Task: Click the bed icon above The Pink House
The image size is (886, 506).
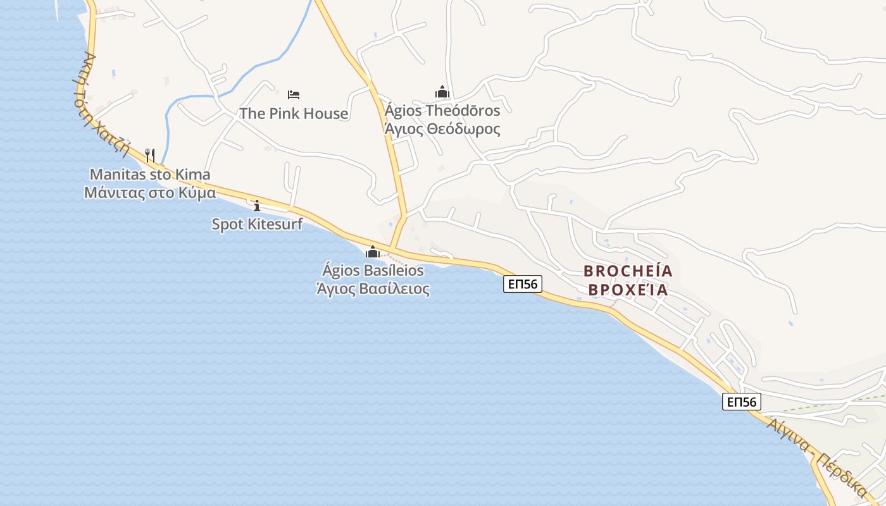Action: coord(294,95)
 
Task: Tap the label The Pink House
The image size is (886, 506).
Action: coord(294,114)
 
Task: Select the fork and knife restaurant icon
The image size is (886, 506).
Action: coord(150,155)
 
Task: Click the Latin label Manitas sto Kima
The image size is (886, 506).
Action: coord(150,175)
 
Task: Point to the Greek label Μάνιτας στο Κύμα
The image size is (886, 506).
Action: coord(150,193)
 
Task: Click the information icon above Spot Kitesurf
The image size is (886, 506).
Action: coord(257,206)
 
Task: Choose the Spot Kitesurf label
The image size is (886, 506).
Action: coord(257,224)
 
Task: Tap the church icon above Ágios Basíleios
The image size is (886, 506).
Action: coord(373,252)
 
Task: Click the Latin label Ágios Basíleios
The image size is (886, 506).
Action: coord(373,270)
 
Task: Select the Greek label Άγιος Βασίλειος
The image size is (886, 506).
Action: coord(373,289)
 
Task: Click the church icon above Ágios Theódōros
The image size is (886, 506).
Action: coord(442,92)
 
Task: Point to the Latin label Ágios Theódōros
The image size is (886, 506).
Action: coord(442,111)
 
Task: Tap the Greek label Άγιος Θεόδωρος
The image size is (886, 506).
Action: coord(442,130)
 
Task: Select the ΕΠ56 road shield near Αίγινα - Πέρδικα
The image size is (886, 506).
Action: coord(742,402)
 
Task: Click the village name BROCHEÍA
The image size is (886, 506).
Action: coord(628,271)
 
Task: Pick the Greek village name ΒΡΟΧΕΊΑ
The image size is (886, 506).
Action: coord(628,290)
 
